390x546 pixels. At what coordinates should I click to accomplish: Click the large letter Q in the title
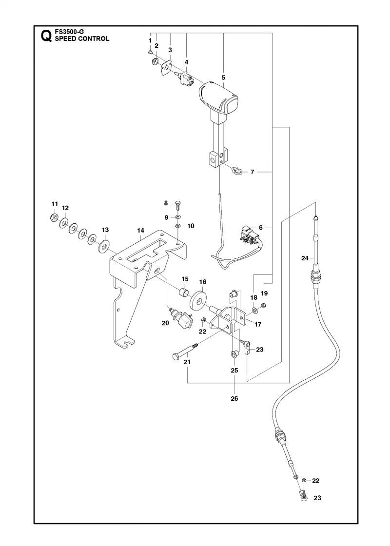coord(46,36)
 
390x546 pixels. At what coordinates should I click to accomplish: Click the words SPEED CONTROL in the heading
coord(82,39)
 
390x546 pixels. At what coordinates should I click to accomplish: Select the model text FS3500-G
coord(69,32)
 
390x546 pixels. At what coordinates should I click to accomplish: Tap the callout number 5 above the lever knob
coord(223,78)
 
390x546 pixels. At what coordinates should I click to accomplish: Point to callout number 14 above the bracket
coord(140,231)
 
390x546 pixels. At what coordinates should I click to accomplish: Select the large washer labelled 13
coord(103,246)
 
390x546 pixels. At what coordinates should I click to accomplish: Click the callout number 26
coord(234,398)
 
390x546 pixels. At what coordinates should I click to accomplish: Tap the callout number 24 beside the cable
coord(305,258)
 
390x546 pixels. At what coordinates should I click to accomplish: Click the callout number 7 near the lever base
coord(253,172)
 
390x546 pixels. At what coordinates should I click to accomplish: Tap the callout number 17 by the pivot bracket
coord(258,324)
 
